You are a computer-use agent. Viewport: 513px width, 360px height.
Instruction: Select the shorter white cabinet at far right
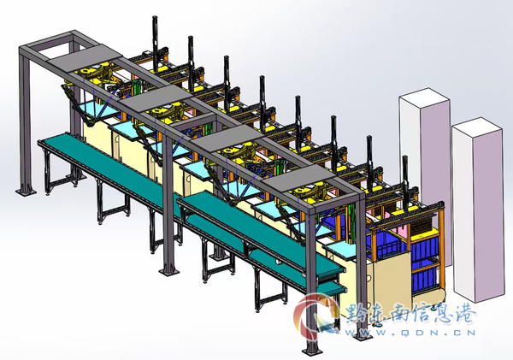[x=478, y=210]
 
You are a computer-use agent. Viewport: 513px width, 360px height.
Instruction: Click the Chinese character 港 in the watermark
[x=465, y=314]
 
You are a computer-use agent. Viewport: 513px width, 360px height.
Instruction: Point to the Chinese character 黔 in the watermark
[x=356, y=314]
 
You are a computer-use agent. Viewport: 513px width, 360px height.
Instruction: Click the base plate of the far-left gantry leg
[x=27, y=191]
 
